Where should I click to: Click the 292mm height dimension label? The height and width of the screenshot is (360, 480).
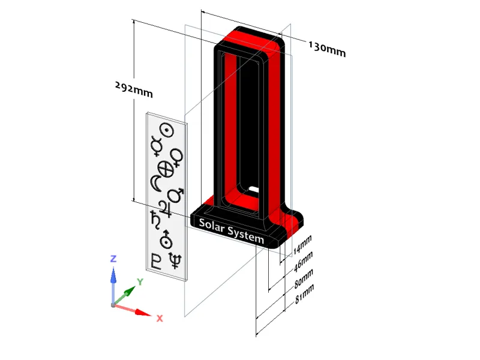(x=134, y=89)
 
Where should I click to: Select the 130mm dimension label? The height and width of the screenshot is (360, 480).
(x=327, y=50)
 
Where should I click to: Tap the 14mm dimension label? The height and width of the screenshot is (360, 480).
(x=302, y=245)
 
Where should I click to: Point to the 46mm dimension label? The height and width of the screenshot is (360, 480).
(x=303, y=262)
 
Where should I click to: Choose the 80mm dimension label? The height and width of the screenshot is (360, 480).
(x=304, y=278)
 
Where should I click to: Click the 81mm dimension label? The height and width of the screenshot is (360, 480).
(x=304, y=294)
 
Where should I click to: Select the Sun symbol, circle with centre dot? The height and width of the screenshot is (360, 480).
(x=167, y=131)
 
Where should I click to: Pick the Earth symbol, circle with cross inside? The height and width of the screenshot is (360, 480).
(x=166, y=170)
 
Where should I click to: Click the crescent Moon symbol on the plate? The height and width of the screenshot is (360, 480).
(x=155, y=184)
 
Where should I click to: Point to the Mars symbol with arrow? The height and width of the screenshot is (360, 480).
(x=175, y=196)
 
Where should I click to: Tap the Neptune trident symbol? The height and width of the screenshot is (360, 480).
(x=175, y=260)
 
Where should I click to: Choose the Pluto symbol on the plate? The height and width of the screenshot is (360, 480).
(x=156, y=261)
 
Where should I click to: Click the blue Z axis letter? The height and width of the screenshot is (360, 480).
(x=113, y=259)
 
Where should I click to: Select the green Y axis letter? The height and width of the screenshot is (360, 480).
(x=140, y=282)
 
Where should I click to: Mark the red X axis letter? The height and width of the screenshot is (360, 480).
(x=160, y=319)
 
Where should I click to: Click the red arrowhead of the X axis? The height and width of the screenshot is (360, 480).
(x=143, y=313)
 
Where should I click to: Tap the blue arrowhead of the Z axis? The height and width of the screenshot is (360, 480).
(x=113, y=275)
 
